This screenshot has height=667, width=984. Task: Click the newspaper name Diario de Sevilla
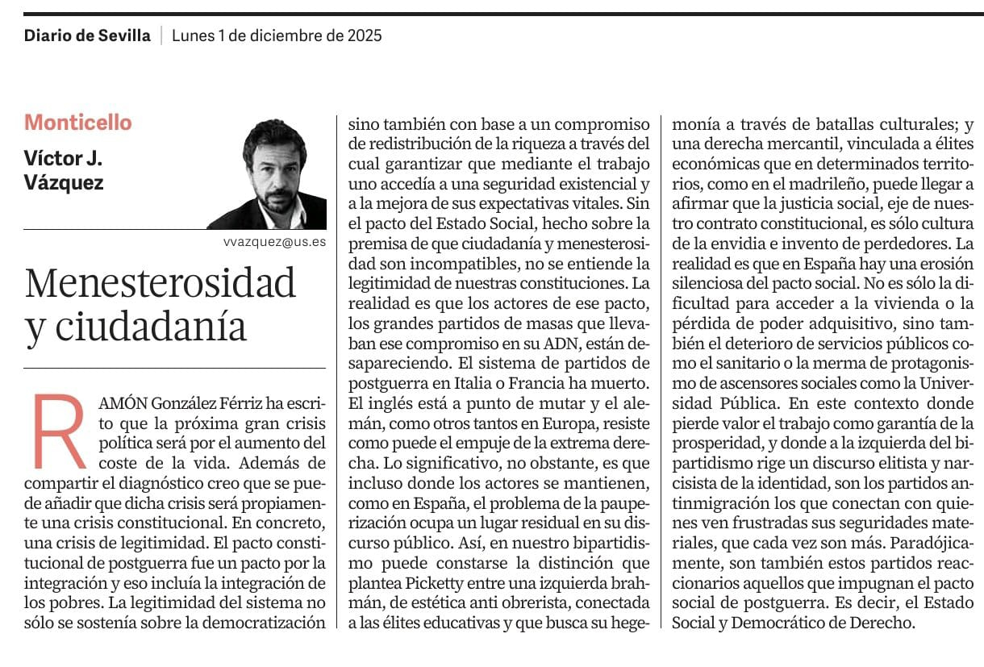tap(87, 35)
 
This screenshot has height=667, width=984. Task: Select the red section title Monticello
tap(77, 123)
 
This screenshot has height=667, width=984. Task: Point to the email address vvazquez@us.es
tap(275, 241)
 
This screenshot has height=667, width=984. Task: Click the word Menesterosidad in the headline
tap(161, 284)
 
